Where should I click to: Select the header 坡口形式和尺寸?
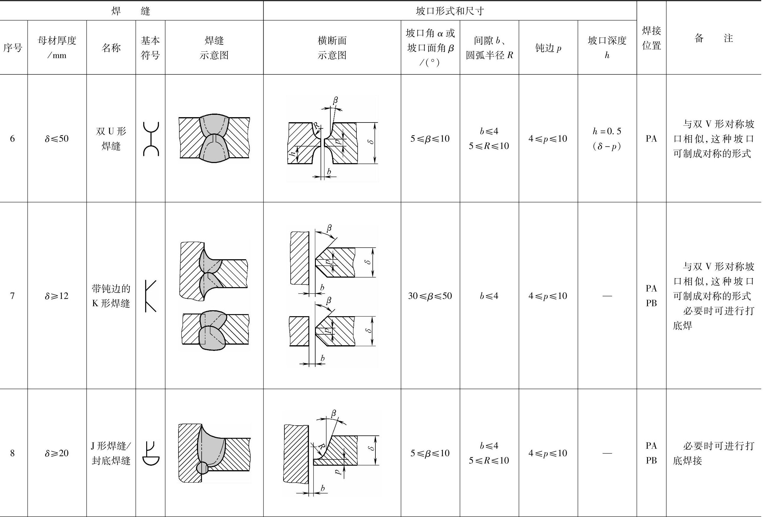coord(450,11)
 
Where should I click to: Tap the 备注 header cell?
coord(713,38)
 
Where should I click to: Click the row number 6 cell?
coord(12,139)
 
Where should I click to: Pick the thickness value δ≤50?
coord(57,139)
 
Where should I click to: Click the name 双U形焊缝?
coord(111,139)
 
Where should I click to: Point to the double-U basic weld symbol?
coord(151,139)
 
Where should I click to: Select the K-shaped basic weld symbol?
coord(151,296)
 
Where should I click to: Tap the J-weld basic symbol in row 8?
coord(151,453)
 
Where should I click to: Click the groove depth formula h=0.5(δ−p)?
coord(607,139)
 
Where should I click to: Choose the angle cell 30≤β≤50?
coord(430,296)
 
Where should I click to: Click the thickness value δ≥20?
coord(57,453)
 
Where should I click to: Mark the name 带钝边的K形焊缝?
coord(111,296)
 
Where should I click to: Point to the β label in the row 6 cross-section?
coord(335,100)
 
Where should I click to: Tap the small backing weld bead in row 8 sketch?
coord(202,468)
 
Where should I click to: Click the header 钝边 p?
coord(548,48)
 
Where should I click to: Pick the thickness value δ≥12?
coord(57,296)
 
